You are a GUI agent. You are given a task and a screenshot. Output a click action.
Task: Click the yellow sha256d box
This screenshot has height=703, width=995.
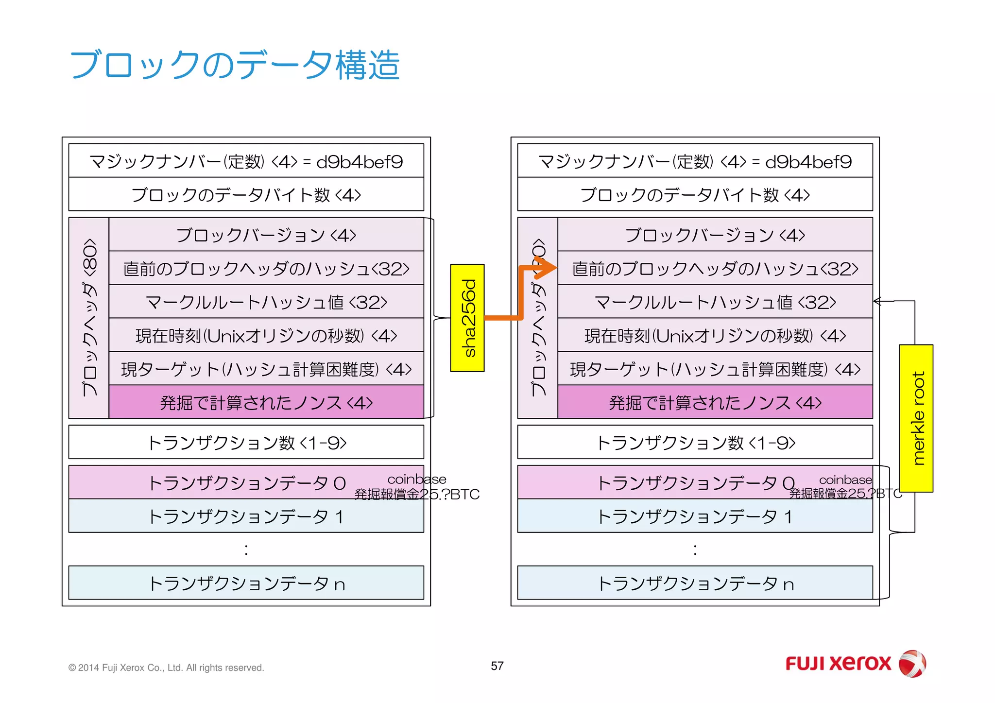(467, 318)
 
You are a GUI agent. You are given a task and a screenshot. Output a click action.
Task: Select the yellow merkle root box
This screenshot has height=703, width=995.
(916, 418)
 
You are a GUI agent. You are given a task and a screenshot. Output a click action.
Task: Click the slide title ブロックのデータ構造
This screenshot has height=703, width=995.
(235, 65)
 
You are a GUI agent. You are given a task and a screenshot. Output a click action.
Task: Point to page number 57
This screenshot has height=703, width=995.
(497, 666)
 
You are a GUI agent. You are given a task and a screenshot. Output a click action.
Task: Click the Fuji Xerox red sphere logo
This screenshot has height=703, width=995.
(912, 663)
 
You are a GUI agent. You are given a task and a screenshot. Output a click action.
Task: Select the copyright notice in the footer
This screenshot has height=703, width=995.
(166, 668)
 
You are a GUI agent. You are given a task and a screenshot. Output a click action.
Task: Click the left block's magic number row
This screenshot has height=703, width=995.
(246, 161)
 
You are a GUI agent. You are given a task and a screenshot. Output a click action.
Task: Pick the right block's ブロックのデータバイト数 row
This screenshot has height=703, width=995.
(695, 194)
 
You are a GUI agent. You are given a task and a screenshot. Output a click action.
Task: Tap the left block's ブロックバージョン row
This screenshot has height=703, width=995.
(266, 235)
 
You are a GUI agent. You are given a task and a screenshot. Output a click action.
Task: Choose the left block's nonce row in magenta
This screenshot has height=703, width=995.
(266, 402)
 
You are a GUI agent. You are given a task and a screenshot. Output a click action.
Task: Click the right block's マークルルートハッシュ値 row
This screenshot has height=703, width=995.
(715, 302)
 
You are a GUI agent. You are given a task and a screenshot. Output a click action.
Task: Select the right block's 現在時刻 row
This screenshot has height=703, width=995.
(715, 335)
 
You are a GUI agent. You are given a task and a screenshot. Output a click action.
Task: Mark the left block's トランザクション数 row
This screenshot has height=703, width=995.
(246, 442)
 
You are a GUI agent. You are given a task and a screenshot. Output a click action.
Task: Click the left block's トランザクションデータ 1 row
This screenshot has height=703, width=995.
(246, 516)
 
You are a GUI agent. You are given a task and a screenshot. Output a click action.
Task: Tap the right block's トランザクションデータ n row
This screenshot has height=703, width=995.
(695, 583)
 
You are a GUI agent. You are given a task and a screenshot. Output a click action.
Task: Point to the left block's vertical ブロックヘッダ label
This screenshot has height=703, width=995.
(89, 318)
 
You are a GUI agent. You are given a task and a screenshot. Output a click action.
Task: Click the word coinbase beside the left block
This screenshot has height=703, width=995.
(416, 480)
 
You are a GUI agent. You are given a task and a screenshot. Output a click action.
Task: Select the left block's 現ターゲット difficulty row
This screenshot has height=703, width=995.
(266, 369)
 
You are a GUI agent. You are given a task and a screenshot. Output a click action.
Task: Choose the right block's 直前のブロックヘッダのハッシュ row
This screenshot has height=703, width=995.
(715, 268)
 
